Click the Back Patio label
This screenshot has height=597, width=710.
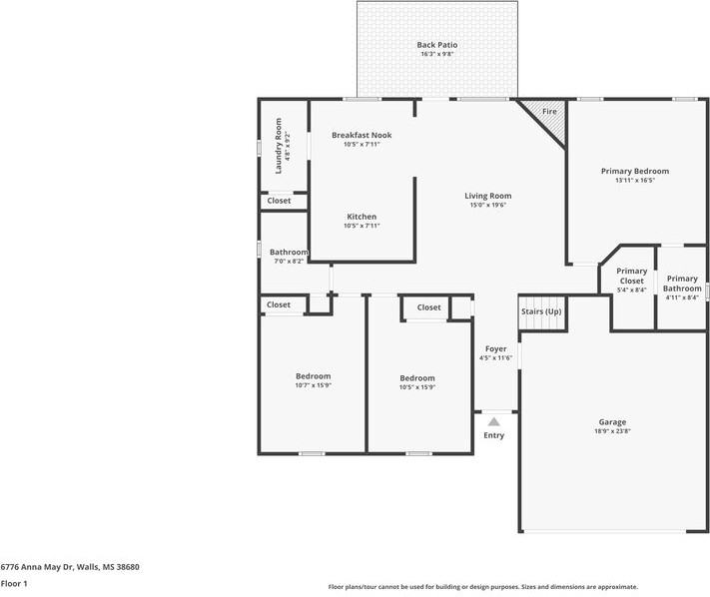(x=437, y=45)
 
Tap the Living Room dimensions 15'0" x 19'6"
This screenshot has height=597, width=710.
(x=487, y=205)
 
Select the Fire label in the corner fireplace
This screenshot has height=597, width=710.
(x=549, y=112)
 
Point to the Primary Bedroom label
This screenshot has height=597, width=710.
(x=635, y=171)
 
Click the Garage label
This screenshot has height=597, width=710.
(x=612, y=422)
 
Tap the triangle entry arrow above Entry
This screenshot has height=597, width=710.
(x=493, y=422)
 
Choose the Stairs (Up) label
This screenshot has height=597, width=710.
(x=541, y=311)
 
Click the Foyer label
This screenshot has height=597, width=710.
(x=496, y=349)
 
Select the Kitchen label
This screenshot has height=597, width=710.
(x=361, y=217)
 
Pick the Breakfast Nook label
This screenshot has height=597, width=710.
(x=361, y=135)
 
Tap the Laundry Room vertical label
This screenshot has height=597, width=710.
(x=278, y=146)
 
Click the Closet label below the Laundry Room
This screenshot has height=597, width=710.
(x=279, y=201)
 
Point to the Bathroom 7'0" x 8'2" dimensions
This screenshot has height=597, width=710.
(x=289, y=262)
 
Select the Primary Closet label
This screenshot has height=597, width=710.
(x=632, y=276)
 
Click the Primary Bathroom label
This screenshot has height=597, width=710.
(x=682, y=284)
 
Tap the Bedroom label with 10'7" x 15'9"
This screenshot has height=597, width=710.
(x=313, y=376)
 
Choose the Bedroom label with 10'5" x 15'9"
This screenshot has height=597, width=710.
(x=417, y=378)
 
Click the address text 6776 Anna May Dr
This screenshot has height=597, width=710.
(x=36, y=567)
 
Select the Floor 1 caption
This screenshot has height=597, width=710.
(x=14, y=583)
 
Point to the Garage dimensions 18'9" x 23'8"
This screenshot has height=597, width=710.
(x=612, y=431)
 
